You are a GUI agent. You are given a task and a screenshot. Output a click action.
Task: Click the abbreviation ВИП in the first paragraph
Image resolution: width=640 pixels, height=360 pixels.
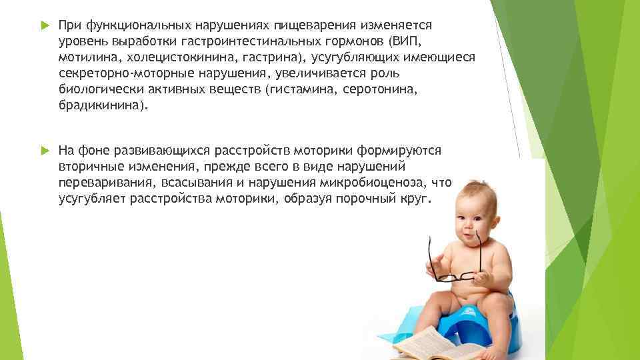[405, 41]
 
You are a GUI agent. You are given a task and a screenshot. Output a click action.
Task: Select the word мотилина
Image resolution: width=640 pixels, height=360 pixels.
[88, 57]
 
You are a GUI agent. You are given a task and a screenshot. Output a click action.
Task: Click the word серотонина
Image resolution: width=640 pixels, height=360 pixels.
[378, 89]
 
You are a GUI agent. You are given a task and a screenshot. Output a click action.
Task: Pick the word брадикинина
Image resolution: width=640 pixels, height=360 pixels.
[99, 105]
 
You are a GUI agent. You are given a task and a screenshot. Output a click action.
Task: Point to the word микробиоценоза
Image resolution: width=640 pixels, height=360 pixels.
[373, 183]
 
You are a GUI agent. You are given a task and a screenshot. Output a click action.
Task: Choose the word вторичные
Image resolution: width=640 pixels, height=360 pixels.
[91, 167]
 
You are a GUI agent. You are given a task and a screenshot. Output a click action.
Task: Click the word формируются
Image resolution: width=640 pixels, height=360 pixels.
[399, 151]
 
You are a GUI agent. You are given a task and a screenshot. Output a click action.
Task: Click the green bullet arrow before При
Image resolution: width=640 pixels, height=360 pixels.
[45, 25]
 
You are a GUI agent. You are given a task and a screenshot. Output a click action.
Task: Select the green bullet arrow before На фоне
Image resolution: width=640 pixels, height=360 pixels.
[45, 151]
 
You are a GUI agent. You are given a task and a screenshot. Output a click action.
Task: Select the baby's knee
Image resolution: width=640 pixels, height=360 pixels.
[496, 302]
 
